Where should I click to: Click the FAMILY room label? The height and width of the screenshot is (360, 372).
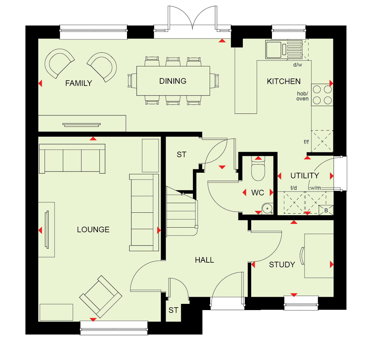79,83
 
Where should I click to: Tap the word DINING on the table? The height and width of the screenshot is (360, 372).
173,81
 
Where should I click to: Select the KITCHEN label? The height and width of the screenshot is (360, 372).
284,82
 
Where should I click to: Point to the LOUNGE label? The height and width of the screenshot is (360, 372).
93,230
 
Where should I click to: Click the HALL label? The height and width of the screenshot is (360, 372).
204,260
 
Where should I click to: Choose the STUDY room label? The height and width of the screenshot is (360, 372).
282,265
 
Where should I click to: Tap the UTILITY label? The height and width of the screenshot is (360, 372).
305,176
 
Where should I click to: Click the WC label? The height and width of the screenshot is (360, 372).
258,193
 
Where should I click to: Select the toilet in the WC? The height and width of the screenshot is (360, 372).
258,169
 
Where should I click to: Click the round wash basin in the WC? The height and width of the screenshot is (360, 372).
267,208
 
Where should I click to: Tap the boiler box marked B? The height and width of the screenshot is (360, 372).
326,210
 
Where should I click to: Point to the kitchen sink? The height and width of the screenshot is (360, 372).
284,49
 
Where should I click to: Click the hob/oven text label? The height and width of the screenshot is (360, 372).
302,96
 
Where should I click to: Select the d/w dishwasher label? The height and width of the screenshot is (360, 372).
298,65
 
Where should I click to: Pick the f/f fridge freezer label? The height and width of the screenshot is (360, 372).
306,142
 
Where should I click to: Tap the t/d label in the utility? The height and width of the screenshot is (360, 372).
294,188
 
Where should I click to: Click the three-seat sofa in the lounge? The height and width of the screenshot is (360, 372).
72,159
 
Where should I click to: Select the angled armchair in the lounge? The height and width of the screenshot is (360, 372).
101,297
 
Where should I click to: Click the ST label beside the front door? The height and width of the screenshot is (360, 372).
173,310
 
